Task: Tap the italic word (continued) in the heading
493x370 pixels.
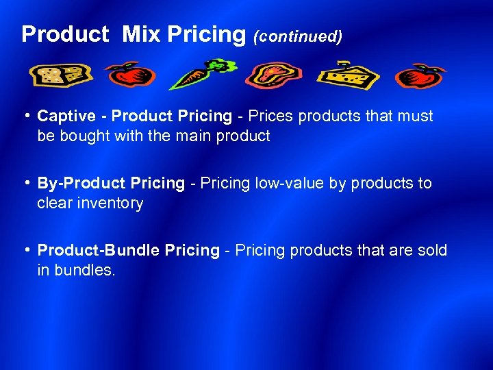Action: point(298,36)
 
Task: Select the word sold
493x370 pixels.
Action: point(433,251)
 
